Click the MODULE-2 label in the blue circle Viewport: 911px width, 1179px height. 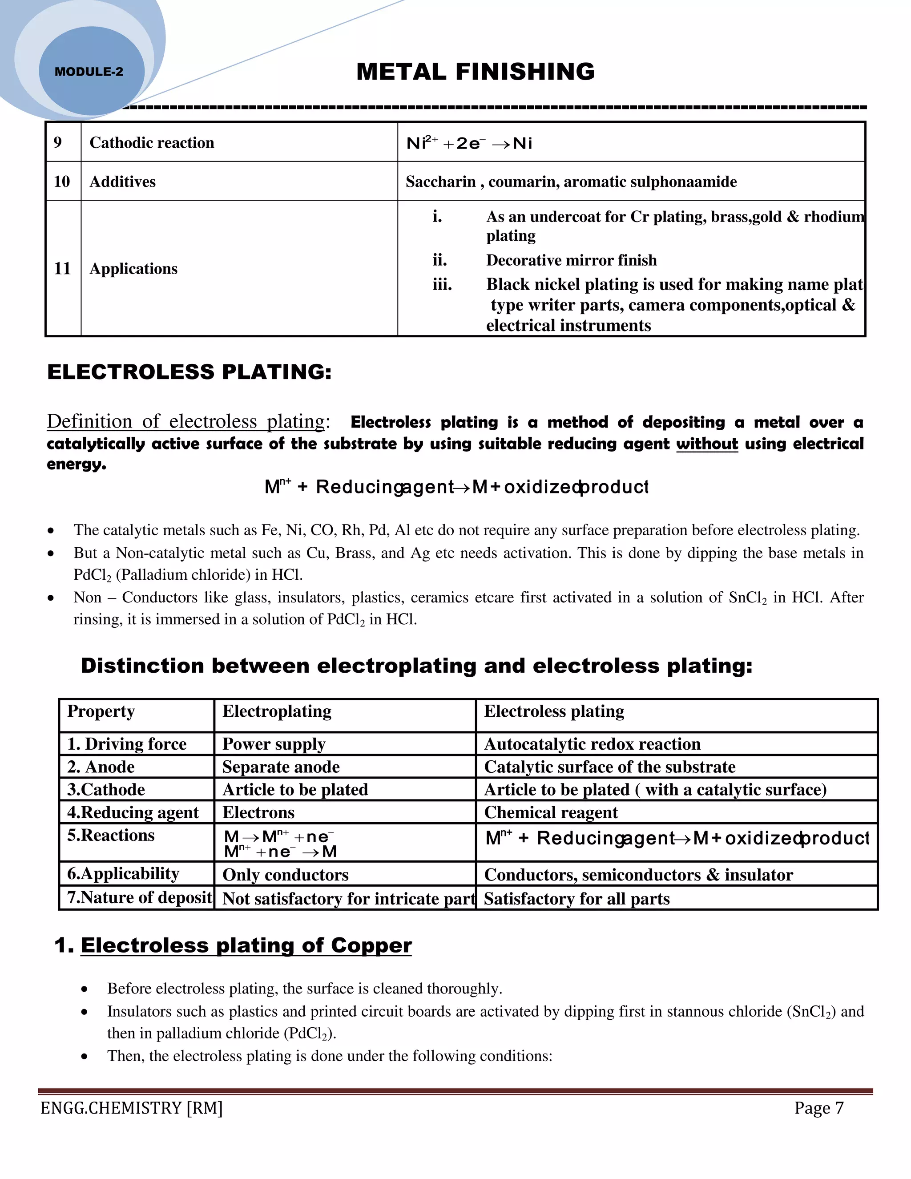point(89,72)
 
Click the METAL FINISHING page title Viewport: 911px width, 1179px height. point(475,72)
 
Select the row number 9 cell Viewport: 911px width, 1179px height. point(58,142)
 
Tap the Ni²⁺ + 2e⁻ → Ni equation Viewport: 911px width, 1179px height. point(469,144)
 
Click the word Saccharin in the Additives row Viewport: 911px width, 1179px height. point(440,182)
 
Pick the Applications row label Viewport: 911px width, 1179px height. point(133,269)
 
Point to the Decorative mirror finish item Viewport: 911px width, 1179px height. point(571,260)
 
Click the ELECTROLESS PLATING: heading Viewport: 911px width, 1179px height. point(189,372)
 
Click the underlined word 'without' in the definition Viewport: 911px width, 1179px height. point(706,444)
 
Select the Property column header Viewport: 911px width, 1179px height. point(101,711)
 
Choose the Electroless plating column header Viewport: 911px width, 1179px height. point(554,711)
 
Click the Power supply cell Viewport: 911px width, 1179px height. point(274,744)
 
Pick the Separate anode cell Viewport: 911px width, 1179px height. point(281,767)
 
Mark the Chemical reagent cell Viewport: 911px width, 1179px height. point(551,812)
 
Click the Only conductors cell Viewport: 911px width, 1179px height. point(285,875)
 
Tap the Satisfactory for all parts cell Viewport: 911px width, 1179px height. point(576,899)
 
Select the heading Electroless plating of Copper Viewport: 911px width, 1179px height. point(246,945)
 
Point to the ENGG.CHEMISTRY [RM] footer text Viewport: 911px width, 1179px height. point(132,1108)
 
